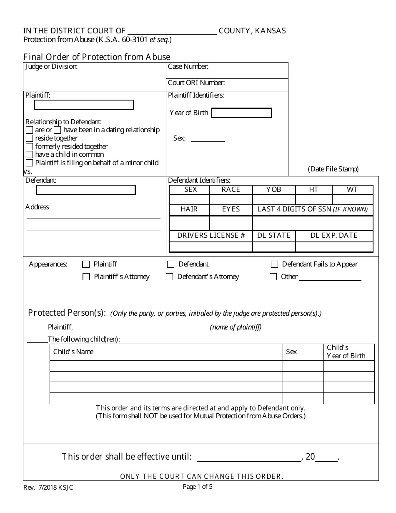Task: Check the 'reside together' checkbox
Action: [x=29, y=138]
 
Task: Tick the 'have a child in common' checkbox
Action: [x=29, y=154]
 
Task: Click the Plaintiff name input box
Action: [x=84, y=105]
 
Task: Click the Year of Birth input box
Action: [x=241, y=113]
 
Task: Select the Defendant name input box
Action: [x=86, y=190]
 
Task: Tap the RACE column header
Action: [x=231, y=190]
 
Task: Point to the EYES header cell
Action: [x=231, y=209]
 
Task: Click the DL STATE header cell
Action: [x=273, y=235]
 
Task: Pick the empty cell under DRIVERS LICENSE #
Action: [x=211, y=247]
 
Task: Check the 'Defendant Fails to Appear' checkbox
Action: [x=274, y=264]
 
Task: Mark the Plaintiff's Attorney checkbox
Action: [x=86, y=277]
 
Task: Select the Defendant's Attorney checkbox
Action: [x=169, y=277]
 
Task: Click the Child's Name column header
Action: [x=73, y=352]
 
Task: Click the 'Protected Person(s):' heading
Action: [x=67, y=313]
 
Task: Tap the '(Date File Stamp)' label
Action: [x=333, y=169]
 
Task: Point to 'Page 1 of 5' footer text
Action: [x=198, y=486]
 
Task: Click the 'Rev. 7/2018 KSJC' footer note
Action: [x=48, y=487]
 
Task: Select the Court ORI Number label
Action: [x=196, y=83]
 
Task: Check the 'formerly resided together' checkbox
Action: [x=29, y=146]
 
